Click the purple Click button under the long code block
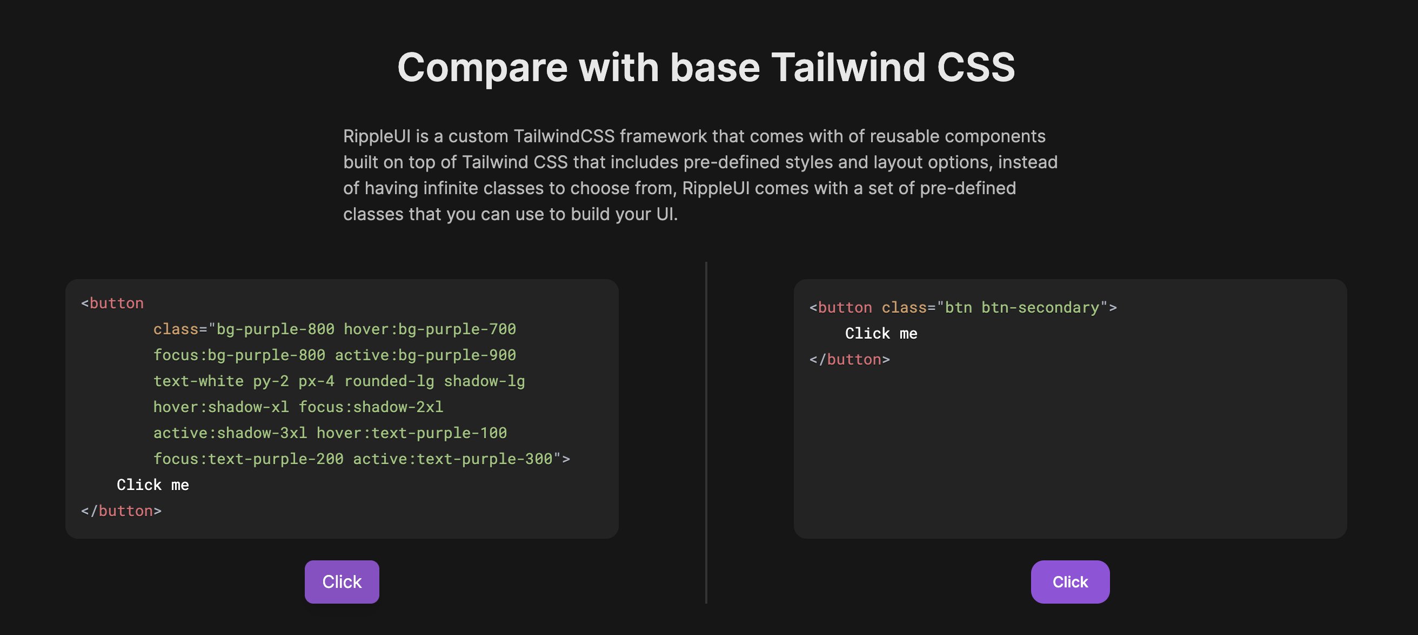(x=342, y=581)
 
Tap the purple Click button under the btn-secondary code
(x=1069, y=581)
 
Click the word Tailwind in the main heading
(x=848, y=67)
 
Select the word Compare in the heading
(x=482, y=67)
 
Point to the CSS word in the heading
(x=975, y=67)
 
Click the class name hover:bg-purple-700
(x=430, y=329)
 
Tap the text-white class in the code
(x=198, y=381)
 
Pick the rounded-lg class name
(x=389, y=381)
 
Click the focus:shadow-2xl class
(x=371, y=407)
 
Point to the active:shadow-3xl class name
(x=230, y=433)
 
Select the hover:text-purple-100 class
(x=411, y=433)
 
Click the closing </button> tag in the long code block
(x=121, y=511)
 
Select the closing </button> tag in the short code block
(x=850, y=360)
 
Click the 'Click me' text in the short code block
(x=881, y=334)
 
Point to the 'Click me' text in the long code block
(x=152, y=485)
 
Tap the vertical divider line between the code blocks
(x=706, y=432)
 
